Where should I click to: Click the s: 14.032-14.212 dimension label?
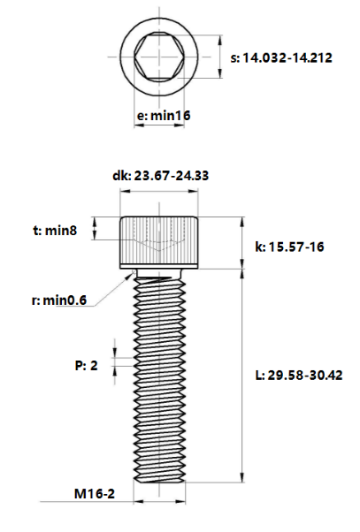click(x=281, y=57)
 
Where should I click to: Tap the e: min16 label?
click(x=164, y=116)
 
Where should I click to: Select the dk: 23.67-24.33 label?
click(x=160, y=176)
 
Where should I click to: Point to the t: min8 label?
click(x=55, y=231)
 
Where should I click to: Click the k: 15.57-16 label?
click(x=289, y=247)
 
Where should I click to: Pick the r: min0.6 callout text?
click(x=59, y=300)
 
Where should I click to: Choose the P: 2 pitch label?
click(x=87, y=365)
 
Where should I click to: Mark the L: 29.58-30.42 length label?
click(x=299, y=376)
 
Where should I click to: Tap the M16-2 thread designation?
click(x=95, y=494)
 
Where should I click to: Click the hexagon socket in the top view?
click(x=159, y=57)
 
